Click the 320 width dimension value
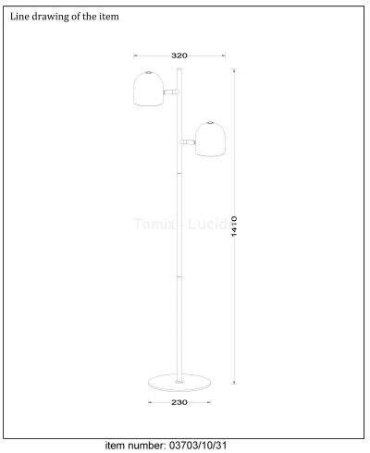tap(179, 55)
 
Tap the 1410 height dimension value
tap(234, 226)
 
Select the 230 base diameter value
tap(179, 402)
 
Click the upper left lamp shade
tap(149, 89)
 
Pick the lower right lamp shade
tap(211, 139)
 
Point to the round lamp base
tap(179, 382)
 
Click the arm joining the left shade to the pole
tap(171, 92)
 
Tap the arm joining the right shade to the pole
tap(188, 141)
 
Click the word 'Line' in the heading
tap(19, 17)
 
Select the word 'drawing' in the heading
tap(51, 17)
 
